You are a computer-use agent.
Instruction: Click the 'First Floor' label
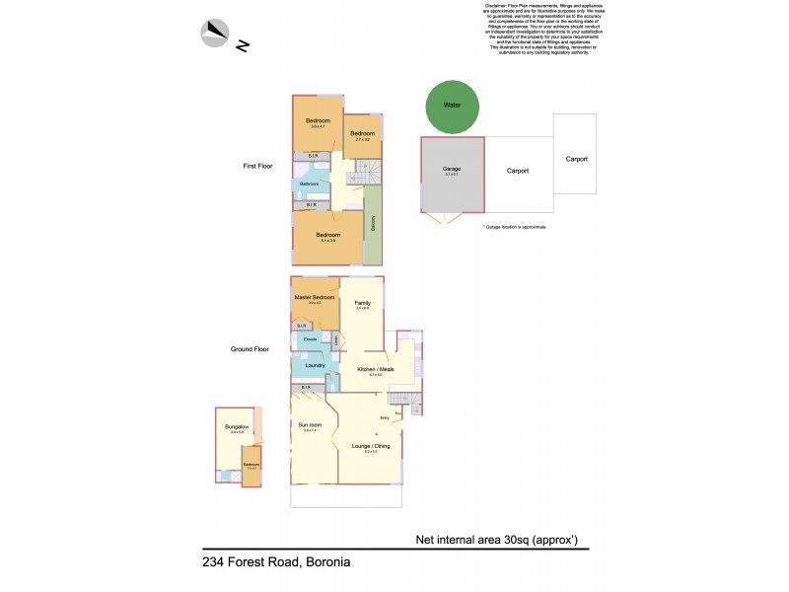click(x=257, y=166)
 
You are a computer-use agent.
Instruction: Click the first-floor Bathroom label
click(x=310, y=185)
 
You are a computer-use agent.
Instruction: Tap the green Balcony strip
click(x=373, y=224)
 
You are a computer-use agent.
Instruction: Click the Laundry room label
click(x=315, y=365)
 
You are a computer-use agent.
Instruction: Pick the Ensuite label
click(x=310, y=339)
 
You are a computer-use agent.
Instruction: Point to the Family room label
click(x=362, y=302)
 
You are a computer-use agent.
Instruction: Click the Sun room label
click(x=309, y=425)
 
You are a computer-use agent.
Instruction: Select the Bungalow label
click(x=237, y=427)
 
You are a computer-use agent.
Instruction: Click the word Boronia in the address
click(x=324, y=562)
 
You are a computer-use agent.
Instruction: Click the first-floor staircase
click(x=368, y=173)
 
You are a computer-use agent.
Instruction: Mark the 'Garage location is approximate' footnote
click(x=515, y=227)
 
